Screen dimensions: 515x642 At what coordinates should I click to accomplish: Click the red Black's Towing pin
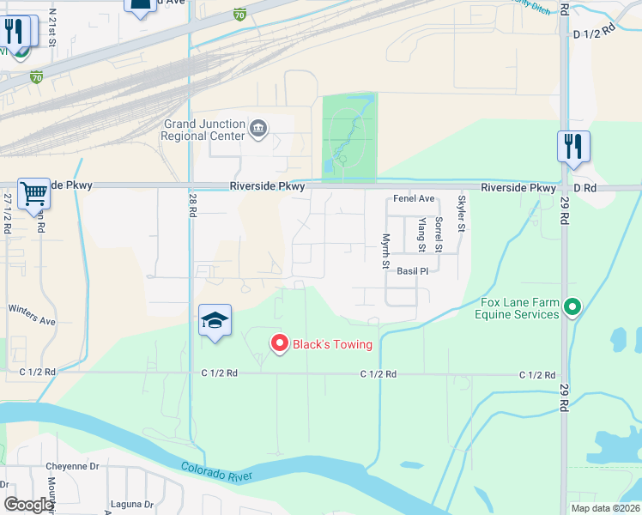279,343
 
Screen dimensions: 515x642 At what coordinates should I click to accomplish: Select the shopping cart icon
33,195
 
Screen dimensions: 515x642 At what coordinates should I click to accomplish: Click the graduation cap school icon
215,321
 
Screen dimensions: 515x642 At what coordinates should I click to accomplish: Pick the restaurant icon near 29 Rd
572,147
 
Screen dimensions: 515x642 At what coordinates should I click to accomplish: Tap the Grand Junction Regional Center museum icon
258,130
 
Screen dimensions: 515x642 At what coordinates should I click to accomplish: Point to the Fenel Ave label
414,198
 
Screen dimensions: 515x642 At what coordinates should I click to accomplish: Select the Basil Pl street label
412,271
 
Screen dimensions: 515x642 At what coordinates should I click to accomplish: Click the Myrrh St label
386,251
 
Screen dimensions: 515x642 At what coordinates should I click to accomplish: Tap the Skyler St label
461,213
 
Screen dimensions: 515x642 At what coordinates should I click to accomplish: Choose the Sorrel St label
438,234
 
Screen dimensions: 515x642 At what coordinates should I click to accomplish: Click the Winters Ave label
32,314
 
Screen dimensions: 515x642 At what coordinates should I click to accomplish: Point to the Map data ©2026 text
604,508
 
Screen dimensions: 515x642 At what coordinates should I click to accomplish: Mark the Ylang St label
421,234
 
